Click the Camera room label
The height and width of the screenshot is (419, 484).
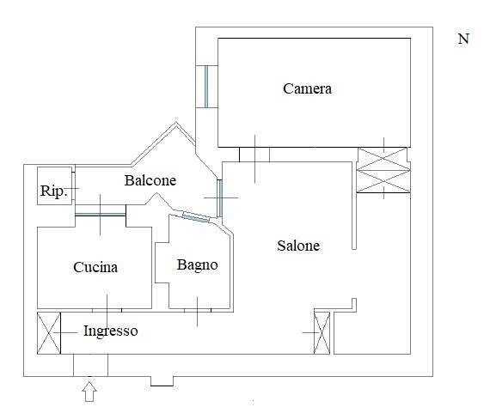click(x=307, y=88)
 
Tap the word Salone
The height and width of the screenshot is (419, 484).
click(x=298, y=246)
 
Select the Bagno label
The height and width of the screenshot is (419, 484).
click(x=197, y=265)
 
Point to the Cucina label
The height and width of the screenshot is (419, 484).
click(x=95, y=267)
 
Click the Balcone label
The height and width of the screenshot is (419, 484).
click(x=150, y=180)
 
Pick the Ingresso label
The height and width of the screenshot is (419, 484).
click(x=111, y=331)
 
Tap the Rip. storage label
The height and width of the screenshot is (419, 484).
click(x=53, y=191)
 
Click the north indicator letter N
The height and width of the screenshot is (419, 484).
click(x=463, y=39)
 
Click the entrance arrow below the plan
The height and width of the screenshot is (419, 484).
click(x=89, y=392)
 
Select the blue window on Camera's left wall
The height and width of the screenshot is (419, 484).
click(x=206, y=87)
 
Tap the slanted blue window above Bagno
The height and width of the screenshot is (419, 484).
click(x=196, y=217)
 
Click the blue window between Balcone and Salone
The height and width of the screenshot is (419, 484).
click(x=220, y=198)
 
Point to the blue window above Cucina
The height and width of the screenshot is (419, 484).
click(x=101, y=215)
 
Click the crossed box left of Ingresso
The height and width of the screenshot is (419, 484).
click(x=49, y=333)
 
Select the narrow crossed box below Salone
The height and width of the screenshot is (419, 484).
click(x=322, y=333)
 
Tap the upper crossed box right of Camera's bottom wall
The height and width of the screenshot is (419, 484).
click(x=383, y=159)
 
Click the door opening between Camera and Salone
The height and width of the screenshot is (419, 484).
click(x=254, y=155)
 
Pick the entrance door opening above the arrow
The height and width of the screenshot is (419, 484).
click(x=91, y=365)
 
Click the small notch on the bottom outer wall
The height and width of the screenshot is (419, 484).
click(x=162, y=381)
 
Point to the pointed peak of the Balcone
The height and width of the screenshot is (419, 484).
click(x=176, y=123)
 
